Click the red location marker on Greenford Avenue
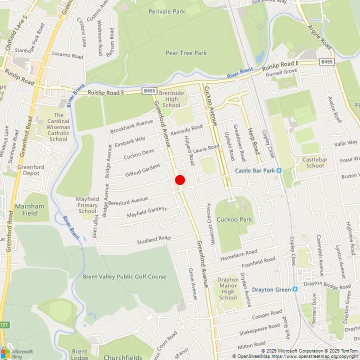click(x=180, y=180)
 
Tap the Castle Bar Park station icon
click(x=279, y=170)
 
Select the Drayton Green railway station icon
click(x=295, y=289)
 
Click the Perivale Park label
click(x=166, y=11)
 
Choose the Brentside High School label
click(x=171, y=99)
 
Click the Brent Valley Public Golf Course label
click(x=124, y=276)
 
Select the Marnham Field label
click(x=29, y=209)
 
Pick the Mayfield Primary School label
click(x=87, y=205)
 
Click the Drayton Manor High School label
click(x=228, y=288)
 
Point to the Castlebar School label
click(x=315, y=162)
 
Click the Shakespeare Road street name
click(x=259, y=329)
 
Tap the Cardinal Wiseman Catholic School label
click(x=58, y=127)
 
